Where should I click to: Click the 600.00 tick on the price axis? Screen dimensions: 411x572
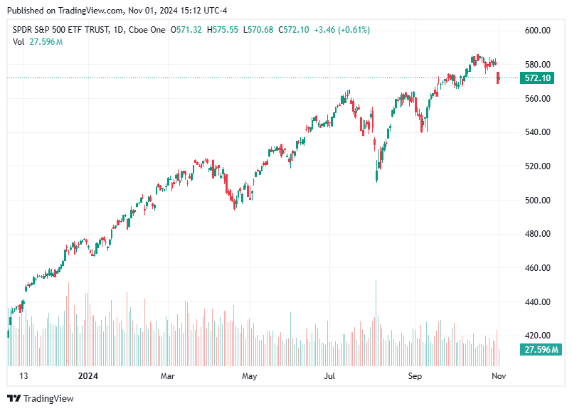[538, 31]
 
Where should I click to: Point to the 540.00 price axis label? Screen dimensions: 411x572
[538, 132]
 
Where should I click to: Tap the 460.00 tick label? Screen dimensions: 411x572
[538, 268]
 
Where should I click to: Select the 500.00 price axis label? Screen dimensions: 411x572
[538, 201]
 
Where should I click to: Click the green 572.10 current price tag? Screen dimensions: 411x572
[538, 78]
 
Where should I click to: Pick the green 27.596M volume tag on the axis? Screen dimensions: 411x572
[541, 350]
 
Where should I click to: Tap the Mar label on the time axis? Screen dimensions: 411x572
[167, 375]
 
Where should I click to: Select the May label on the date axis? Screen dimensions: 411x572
[248, 375]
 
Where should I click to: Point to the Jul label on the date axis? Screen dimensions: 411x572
[329, 375]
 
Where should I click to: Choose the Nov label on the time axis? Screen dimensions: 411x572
[499, 375]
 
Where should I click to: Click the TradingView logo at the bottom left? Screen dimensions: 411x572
[41, 399]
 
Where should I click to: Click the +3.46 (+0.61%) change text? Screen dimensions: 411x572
[344, 30]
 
